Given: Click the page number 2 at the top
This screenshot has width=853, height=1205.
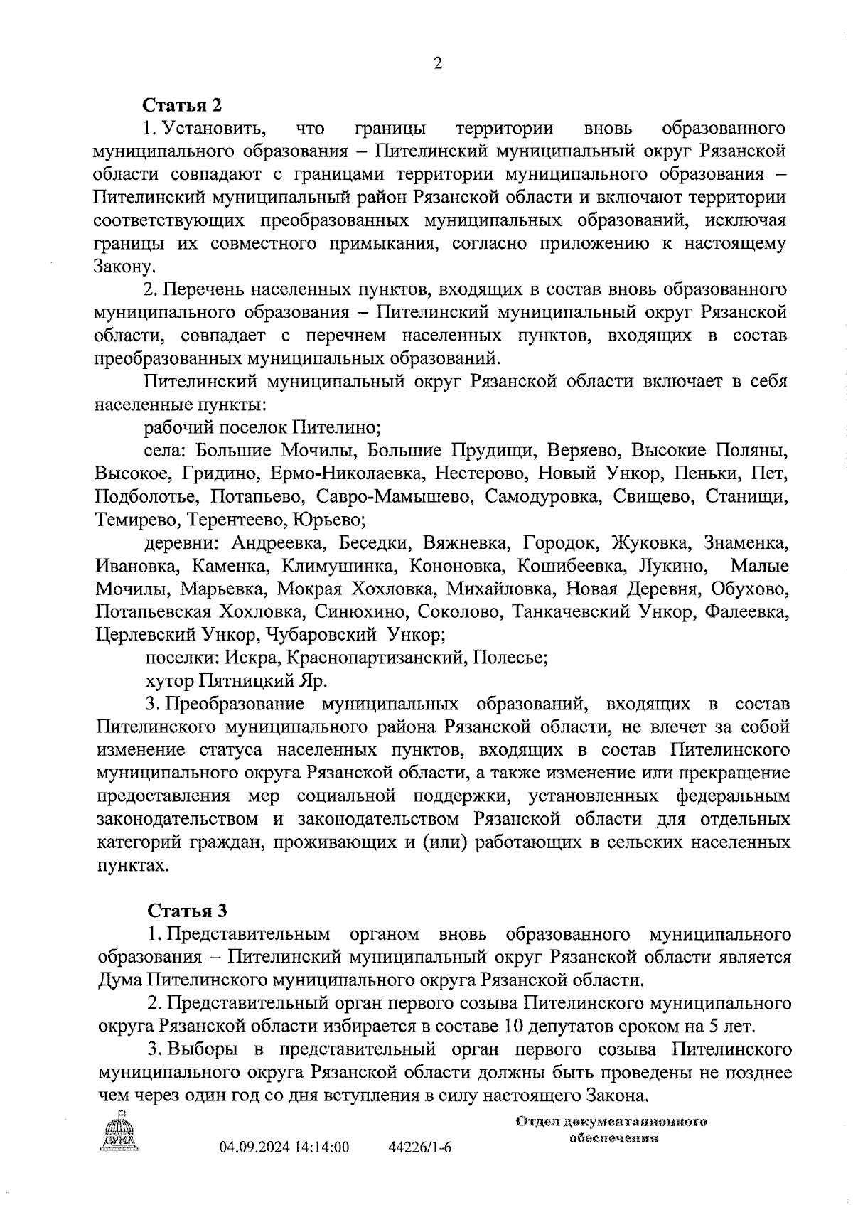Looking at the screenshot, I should point(437,63).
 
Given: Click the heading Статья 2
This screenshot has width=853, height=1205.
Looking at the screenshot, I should point(183,105).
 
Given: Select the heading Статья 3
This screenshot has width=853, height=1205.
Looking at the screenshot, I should point(186,911).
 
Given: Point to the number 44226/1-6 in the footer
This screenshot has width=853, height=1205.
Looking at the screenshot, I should point(420,1147).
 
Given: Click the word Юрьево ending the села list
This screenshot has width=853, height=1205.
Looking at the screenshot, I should point(328,520).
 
